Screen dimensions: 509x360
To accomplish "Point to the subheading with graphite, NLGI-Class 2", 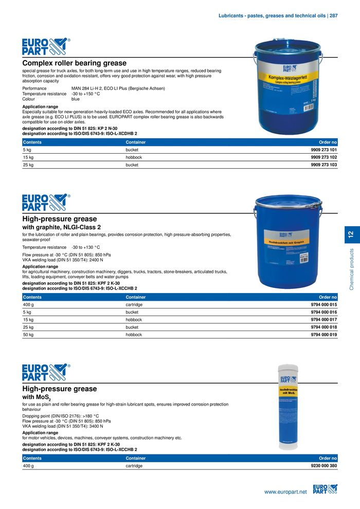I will [x=61, y=227].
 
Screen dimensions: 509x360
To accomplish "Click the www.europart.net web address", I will [x=285, y=492].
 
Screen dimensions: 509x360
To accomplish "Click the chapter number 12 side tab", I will [x=351, y=235].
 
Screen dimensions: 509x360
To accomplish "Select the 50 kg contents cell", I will [x=28, y=335].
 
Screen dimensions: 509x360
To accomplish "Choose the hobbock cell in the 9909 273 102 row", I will [x=134, y=157].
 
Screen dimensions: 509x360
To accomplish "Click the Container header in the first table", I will [x=136, y=142].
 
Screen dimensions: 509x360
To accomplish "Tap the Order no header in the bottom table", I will [x=328, y=458].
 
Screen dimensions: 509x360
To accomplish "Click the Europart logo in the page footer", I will [x=325, y=490].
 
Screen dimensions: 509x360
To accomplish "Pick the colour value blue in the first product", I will [x=76, y=99].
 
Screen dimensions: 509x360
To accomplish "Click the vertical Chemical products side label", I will [x=351, y=269].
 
